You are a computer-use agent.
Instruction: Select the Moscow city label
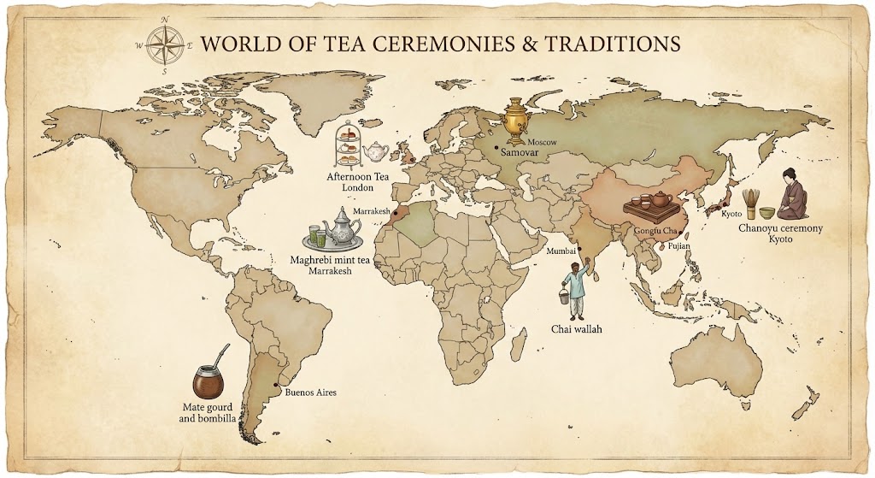(x=543, y=141)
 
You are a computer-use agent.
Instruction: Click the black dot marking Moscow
(x=496, y=147)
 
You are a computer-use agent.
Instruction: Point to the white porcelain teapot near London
(x=375, y=152)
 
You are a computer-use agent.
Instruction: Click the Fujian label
(x=679, y=246)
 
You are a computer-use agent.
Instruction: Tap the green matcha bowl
(x=768, y=210)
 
